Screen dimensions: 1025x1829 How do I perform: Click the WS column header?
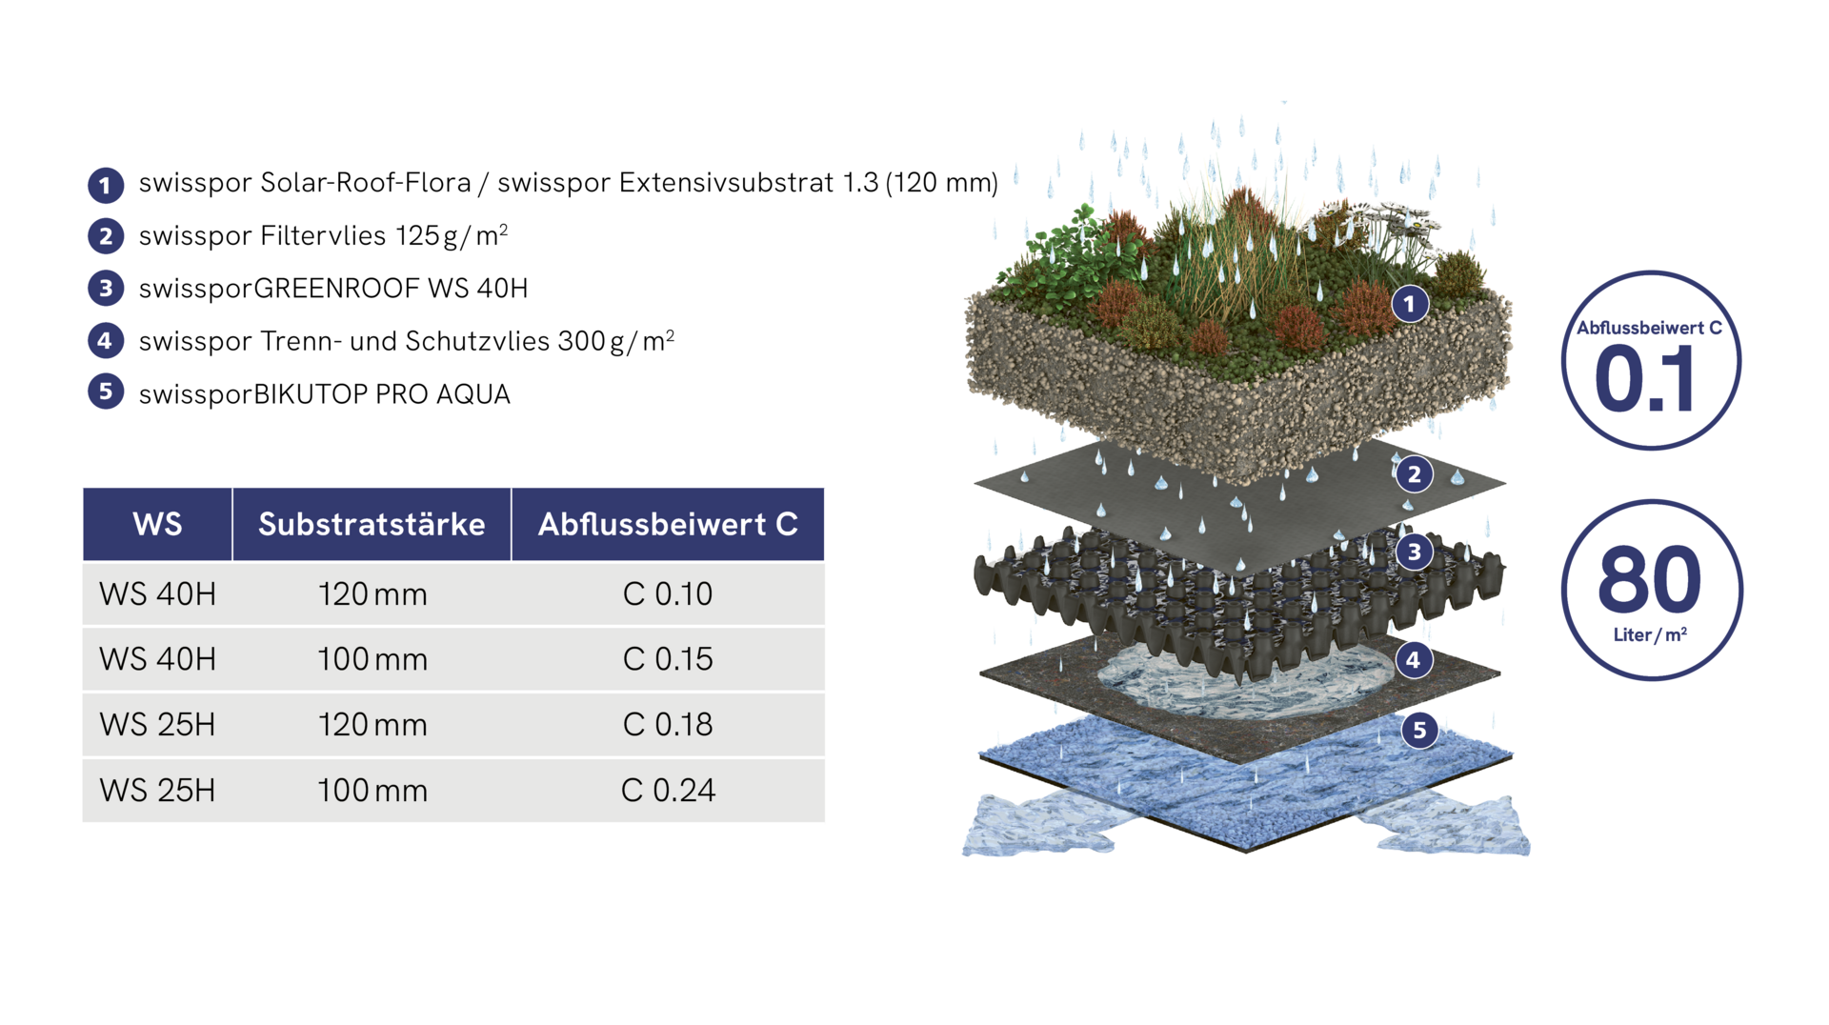(x=157, y=524)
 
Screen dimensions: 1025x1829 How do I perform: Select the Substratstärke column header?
(x=372, y=524)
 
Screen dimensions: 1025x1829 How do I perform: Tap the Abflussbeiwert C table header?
(x=668, y=524)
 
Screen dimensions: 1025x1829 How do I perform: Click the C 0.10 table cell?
(x=668, y=594)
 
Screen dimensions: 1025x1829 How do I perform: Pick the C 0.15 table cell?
(x=668, y=659)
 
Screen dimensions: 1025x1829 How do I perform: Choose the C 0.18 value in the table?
(x=668, y=725)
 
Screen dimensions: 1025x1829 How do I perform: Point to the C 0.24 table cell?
(x=668, y=791)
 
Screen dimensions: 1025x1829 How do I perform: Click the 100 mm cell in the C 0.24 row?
(x=372, y=791)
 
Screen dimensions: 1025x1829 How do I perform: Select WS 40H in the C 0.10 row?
(x=158, y=594)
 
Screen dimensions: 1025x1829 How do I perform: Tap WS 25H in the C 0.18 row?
(x=158, y=725)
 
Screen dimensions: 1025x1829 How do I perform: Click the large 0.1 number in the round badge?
(x=1645, y=379)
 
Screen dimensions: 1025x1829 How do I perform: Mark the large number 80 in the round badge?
(x=1650, y=579)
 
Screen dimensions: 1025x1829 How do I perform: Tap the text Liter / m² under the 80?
(x=1650, y=635)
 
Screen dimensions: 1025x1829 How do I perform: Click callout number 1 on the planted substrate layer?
(x=1410, y=305)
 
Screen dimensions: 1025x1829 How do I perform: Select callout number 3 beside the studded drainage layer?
(x=1415, y=552)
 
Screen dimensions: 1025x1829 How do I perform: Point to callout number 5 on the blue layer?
(x=1419, y=730)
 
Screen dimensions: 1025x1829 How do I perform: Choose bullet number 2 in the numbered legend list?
(x=106, y=236)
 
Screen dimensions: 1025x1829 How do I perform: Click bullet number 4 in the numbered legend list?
(x=106, y=340)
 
